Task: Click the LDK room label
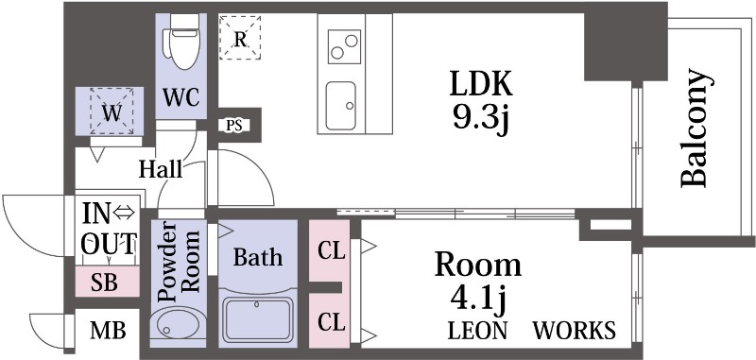click(480, 85)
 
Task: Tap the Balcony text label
click(696, 128)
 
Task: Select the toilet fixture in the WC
click(179, 42)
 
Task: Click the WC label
click(179, 97)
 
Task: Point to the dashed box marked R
click(240, 39)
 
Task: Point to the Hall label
click(160, 170)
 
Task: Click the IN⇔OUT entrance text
click(107, 228)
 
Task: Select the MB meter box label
click(107, 332)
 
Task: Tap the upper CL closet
click(331, 252)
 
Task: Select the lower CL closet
click(331, 321)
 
